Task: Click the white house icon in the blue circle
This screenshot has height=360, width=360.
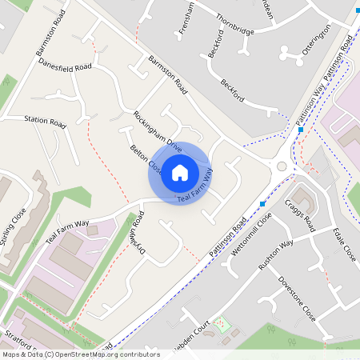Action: (180, 172)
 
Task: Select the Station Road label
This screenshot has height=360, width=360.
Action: (45, 122)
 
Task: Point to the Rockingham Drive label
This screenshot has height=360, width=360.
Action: (158, 130)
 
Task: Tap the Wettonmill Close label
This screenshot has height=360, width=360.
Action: (250, 232)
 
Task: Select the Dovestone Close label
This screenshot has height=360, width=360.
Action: (296, 298)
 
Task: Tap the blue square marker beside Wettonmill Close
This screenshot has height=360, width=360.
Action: (262, 204)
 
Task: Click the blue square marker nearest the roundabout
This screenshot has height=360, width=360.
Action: (301, 130)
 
